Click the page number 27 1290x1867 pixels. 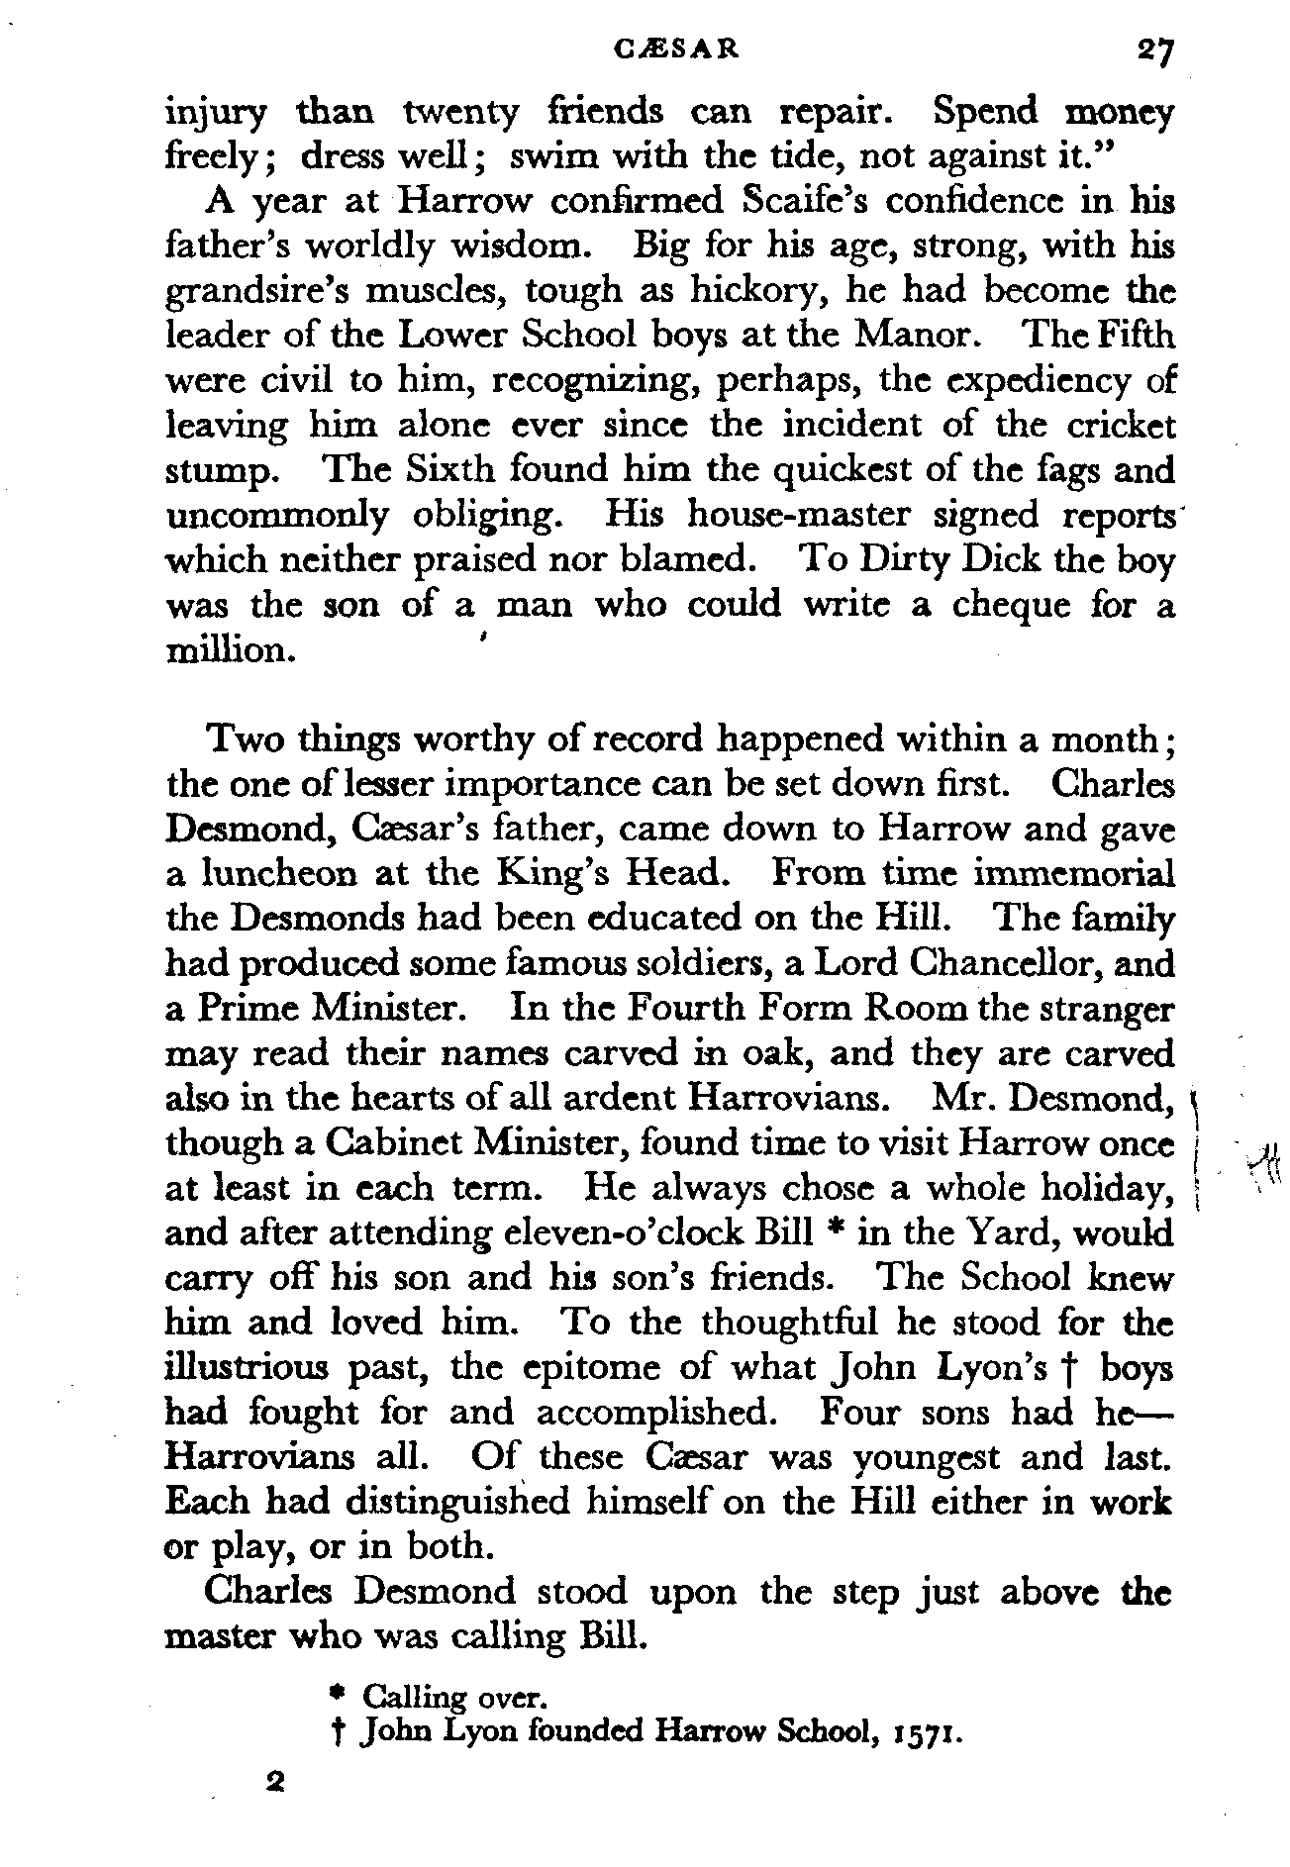(1154, 49)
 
